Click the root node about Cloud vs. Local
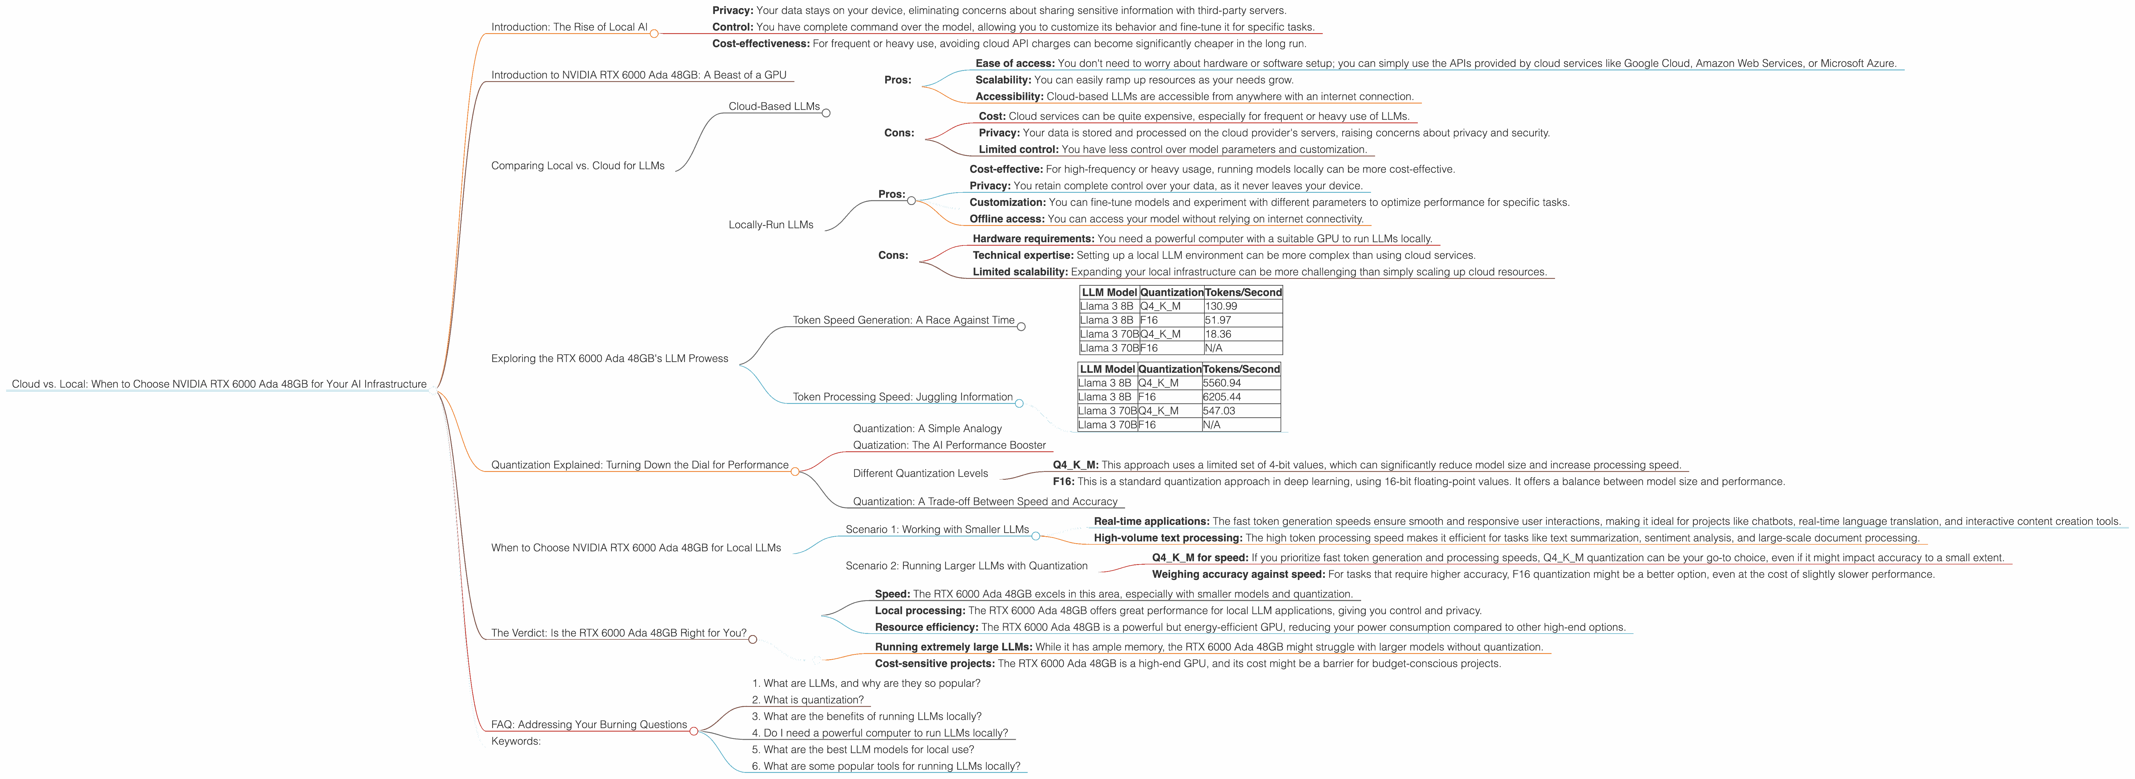coord(219,384)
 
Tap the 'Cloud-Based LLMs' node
coord(773,106)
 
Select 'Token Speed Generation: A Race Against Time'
coord(903,320)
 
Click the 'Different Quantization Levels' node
coord(920,473)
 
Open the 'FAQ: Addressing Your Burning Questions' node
coord(588,724)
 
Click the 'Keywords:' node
coord(515,741)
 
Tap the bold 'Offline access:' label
coord(1006,219)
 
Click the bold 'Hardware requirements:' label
coord(1033,239)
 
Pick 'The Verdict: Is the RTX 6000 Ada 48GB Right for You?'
coord(618,633)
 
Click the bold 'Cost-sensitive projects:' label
coord(934,664)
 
